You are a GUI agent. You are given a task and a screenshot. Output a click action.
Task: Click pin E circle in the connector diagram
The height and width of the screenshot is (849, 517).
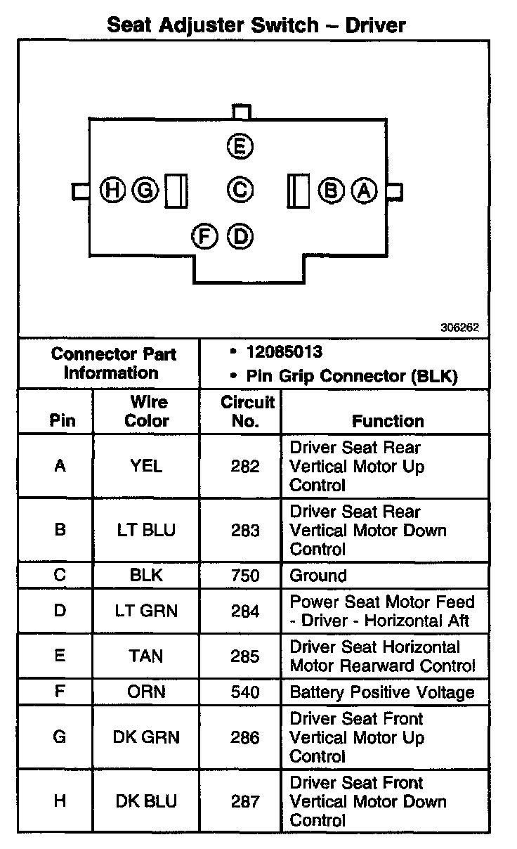(240, 146)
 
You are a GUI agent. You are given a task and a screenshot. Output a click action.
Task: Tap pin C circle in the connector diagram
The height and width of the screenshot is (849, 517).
(240, 189)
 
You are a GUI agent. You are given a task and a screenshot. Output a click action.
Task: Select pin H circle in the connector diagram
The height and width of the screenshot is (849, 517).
(112, 190)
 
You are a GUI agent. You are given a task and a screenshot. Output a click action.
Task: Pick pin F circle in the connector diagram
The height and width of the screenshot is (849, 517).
(204, 235)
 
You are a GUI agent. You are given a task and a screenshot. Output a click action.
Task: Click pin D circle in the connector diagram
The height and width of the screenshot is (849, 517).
(240, 235)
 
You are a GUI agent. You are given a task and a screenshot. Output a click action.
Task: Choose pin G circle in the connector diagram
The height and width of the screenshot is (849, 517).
(145, 190)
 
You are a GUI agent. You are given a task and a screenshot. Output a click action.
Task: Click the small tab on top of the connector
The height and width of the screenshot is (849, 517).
(241, 112)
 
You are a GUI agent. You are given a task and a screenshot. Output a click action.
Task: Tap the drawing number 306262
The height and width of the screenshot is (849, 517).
(459, 327)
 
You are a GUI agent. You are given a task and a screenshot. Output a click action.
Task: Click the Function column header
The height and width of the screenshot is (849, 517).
(388, 421)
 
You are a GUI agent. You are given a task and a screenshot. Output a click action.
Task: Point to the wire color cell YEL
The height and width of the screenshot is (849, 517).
(146, 466)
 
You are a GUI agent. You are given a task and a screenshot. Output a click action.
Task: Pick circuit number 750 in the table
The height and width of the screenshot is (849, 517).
(245, 576)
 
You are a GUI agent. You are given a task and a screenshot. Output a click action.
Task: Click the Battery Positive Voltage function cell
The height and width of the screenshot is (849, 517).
(382, 692)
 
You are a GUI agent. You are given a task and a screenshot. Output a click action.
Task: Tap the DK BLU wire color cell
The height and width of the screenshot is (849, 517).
(146, 801)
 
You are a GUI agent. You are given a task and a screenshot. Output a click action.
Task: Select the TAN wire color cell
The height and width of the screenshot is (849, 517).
(146, 656)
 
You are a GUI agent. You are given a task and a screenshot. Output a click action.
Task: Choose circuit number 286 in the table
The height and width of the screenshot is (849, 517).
(245, 737)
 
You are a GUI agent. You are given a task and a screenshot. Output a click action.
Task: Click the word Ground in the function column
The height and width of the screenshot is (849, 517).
(318, 576)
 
